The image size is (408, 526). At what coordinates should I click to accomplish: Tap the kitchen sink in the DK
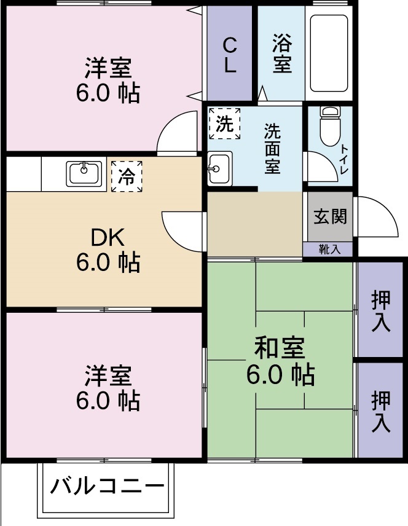[85, 173]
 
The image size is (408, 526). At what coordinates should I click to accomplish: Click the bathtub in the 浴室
[329, 53]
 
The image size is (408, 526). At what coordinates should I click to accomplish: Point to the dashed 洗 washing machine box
[222, 124]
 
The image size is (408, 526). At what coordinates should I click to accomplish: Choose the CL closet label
[229, 55]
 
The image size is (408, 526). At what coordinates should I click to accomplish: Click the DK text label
[108, 237]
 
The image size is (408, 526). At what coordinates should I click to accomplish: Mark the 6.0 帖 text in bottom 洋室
[108, 401]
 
